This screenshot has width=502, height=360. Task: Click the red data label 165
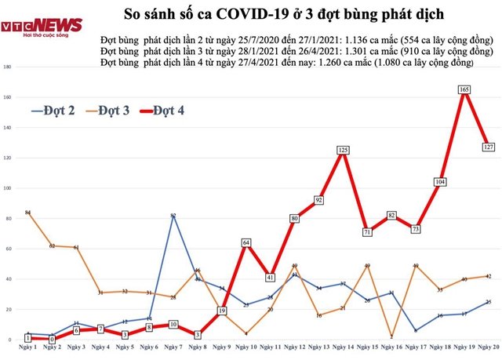pos(464,90)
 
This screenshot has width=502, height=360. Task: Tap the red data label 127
pos(488,147)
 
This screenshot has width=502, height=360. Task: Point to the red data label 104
pos(440,182)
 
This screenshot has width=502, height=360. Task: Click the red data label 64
pos(246,242)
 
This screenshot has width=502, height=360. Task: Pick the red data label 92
pos(318,200)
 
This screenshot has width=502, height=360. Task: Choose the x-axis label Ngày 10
pos(246,346)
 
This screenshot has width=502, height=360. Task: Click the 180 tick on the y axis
pos(7,67)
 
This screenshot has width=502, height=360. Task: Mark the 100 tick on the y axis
pos(7,188)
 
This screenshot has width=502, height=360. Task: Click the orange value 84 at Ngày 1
pos(27,213)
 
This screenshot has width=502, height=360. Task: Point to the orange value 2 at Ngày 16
pos(391,336)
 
